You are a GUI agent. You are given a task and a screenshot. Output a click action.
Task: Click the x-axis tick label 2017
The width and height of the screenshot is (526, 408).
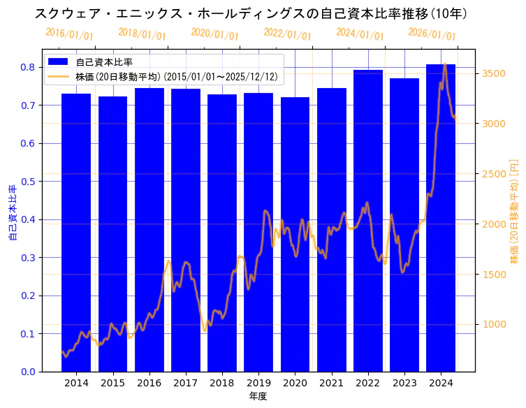tap(185, 384)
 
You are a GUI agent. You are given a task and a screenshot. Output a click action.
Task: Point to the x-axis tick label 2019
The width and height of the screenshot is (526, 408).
tap(258, 384)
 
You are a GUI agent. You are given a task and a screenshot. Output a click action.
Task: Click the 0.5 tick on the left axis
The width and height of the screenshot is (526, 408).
tap(28, 182)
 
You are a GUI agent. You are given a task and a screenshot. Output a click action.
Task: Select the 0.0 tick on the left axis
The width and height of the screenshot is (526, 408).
tap(28, 372)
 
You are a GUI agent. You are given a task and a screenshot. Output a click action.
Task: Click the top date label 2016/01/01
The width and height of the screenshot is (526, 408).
tap(69, 34)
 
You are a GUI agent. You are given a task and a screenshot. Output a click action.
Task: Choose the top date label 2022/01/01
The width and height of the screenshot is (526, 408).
tap(287, 34)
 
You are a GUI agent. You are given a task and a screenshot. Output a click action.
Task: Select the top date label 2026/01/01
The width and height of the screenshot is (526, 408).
tap(432, 34)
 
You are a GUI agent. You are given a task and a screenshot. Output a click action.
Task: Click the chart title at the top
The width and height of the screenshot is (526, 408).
tap(251, 13)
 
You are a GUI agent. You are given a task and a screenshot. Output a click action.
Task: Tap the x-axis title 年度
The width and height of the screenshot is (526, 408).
tap(258, 396)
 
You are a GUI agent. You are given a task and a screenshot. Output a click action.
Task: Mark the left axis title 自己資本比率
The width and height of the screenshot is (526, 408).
tap(12, 213)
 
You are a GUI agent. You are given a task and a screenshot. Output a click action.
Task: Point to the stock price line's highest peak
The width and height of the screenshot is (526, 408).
tap(445, 64)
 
